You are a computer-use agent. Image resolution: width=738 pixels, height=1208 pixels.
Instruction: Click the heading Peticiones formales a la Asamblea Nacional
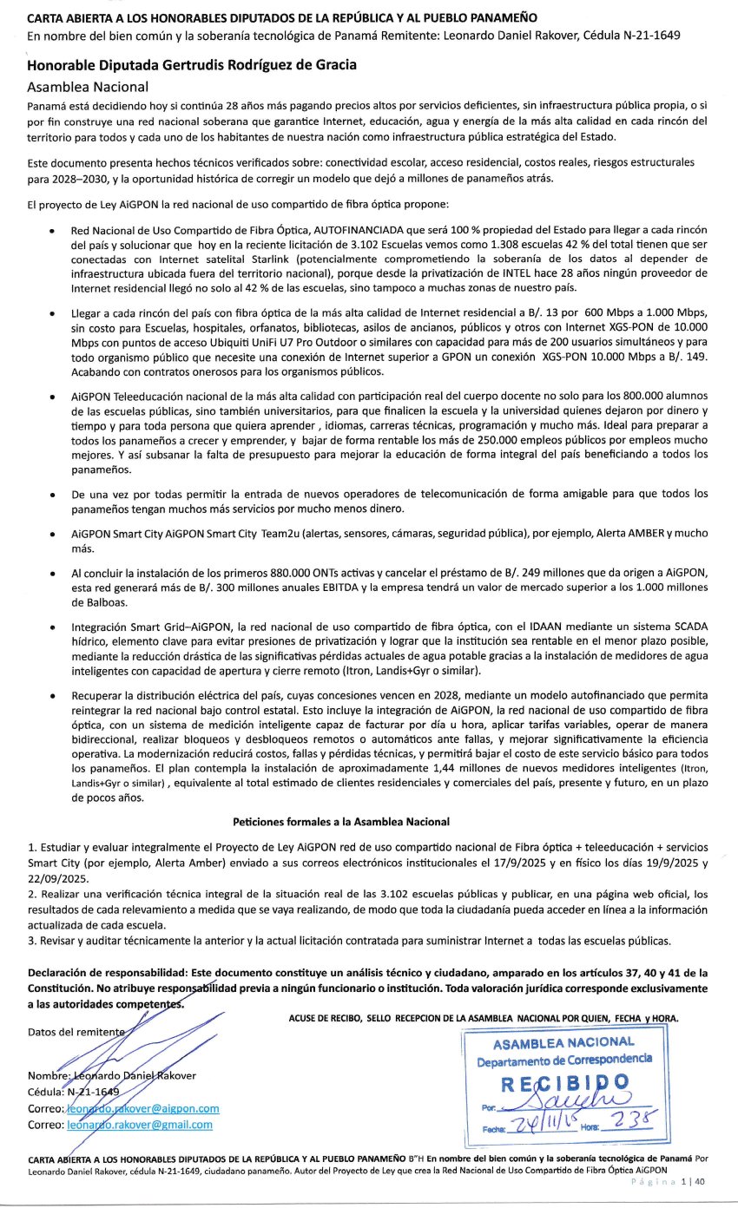pos(341,821)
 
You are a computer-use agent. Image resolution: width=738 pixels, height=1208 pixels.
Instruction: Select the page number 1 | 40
pos(693,1181)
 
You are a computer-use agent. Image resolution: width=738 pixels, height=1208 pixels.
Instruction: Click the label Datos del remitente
pos(76,1031)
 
